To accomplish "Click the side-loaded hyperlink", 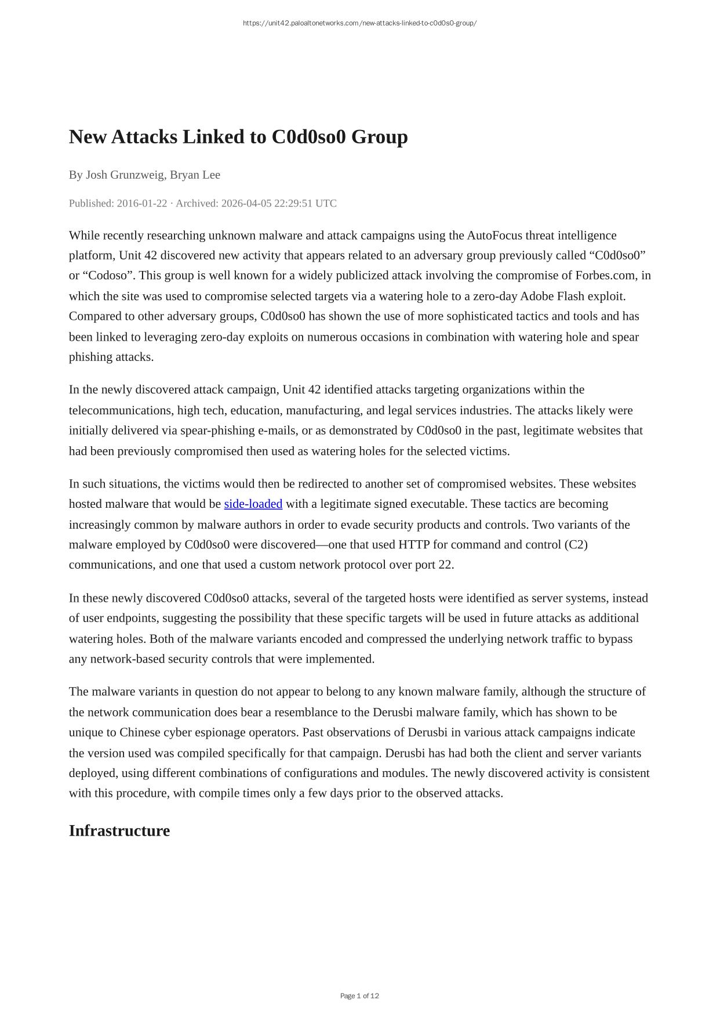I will point(253,504).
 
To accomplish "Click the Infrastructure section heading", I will point(119,830).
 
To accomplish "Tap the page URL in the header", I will point(359,23).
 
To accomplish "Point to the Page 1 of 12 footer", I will point(359,996).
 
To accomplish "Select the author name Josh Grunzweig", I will point(125,175).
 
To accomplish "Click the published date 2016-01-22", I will point(141,203).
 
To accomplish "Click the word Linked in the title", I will point(213,137).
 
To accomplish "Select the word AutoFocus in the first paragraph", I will point(494,235).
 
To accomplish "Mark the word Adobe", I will point(537,296).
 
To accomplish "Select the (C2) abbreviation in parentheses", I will point(575,544).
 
